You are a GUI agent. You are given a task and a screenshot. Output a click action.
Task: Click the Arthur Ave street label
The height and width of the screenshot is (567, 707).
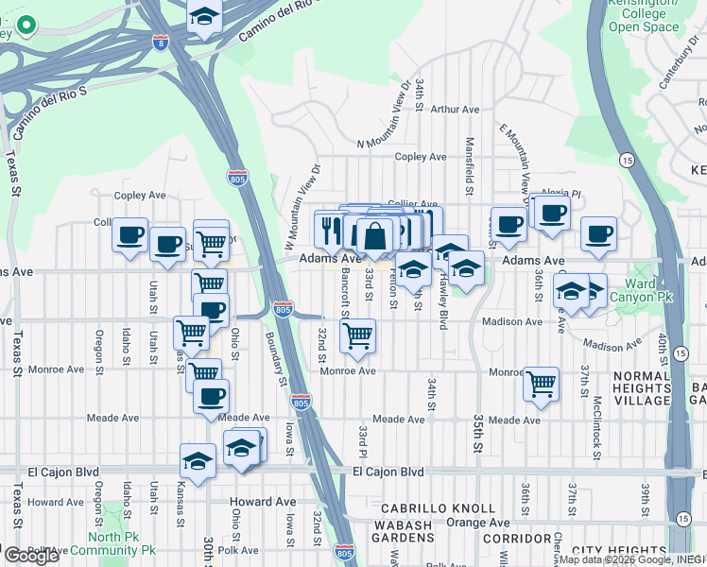click(x=455, y=110)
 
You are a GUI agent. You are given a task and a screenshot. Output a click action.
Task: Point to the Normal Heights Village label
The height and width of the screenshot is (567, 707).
click(x=641, y=388)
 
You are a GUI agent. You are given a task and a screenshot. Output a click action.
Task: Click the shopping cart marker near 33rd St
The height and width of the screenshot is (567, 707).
click(x=357, y=335)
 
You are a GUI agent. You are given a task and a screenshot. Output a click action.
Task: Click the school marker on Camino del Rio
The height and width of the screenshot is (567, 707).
click(x=204, y=17)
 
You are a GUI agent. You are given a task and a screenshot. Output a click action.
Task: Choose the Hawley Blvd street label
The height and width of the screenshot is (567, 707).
click(x=441, y=301)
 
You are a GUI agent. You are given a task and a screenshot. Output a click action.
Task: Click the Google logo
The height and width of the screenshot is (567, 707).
click(x=31, y=556)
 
